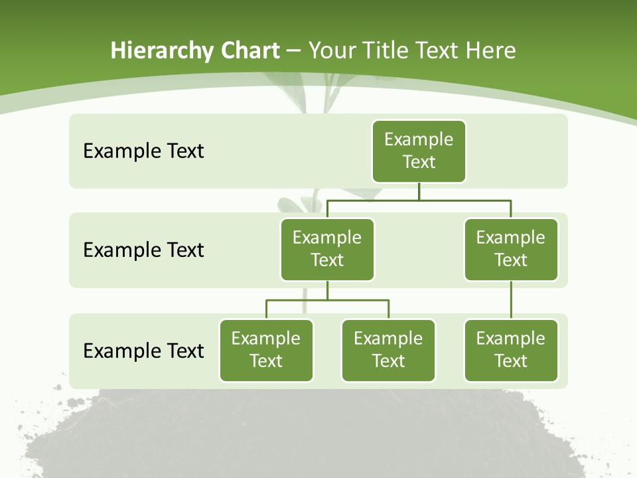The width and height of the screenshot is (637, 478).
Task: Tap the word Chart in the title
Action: (x=251, y=50)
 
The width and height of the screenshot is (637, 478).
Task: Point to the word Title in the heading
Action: (x=389, y=50)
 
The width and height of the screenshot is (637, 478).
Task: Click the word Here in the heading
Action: (x=491, y=50)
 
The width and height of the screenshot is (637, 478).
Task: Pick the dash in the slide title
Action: (x=293, y=51)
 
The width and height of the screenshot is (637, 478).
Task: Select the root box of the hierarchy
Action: (x=419, y=151)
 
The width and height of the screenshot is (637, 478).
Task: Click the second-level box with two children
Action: (x=327, y=249)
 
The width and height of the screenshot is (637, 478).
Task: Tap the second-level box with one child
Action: (x=511, y=249)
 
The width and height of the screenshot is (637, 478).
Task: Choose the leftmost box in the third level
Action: (x=266, y=350)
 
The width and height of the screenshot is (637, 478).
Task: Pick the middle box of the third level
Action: (x=388, y=350)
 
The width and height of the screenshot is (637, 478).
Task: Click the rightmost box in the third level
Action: (x=511, y=350)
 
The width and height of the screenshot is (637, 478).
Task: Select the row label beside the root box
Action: (x=143, y=151)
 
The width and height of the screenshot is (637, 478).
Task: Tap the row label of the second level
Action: (x=143, y=250)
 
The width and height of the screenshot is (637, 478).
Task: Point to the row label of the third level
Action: (x=143, y=351)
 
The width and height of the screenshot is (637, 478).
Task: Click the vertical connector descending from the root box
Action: (x=419, y=191)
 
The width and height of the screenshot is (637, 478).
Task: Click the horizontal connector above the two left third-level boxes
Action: (x=327, y=300)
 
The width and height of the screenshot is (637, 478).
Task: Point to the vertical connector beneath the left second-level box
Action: (x=327, y=290)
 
